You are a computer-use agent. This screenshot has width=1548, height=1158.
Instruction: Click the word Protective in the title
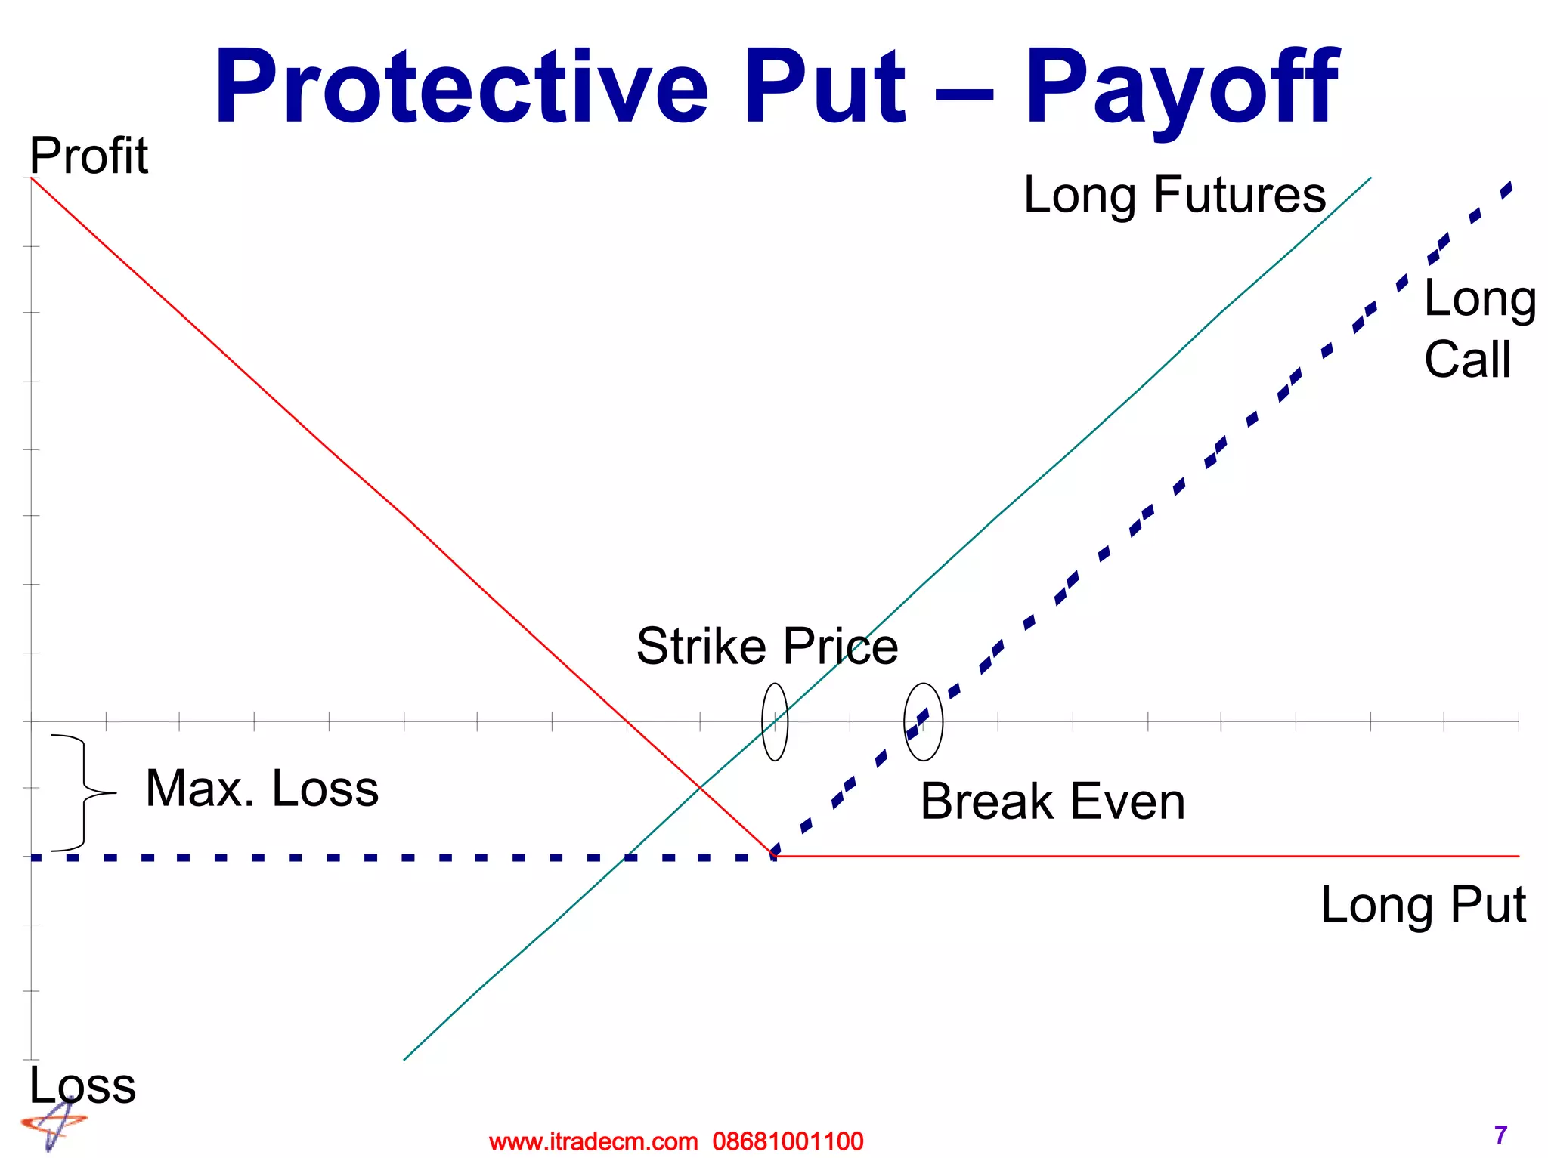[x=461, y=87]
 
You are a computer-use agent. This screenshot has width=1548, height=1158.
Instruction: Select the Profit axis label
[x=88, y=156]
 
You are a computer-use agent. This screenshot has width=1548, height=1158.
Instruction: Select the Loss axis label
[x=82, y=1085]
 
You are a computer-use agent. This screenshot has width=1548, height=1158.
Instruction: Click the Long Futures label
[x=1174, y=195]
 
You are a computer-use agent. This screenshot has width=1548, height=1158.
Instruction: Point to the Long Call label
[x=1478, y=329]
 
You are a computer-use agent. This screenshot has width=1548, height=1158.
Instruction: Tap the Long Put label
[x=1423, y=905]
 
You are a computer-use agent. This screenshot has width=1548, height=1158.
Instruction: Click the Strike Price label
[x=766, y=647]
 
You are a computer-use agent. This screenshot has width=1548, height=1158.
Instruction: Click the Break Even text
[x=1052, y=801]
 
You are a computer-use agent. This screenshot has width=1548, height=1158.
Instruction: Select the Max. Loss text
[x=262, y=789]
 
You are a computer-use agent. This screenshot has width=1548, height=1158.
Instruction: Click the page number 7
[x=1500, y=1135]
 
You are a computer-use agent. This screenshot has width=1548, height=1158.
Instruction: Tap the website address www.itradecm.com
[x=593, y=1141]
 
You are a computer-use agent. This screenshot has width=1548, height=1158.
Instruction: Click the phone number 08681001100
[x=788, y=1141]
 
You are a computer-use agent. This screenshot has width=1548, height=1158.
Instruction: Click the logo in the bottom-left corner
[x=53, y=1126]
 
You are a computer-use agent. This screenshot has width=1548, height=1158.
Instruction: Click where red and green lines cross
[x=699, y=788]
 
